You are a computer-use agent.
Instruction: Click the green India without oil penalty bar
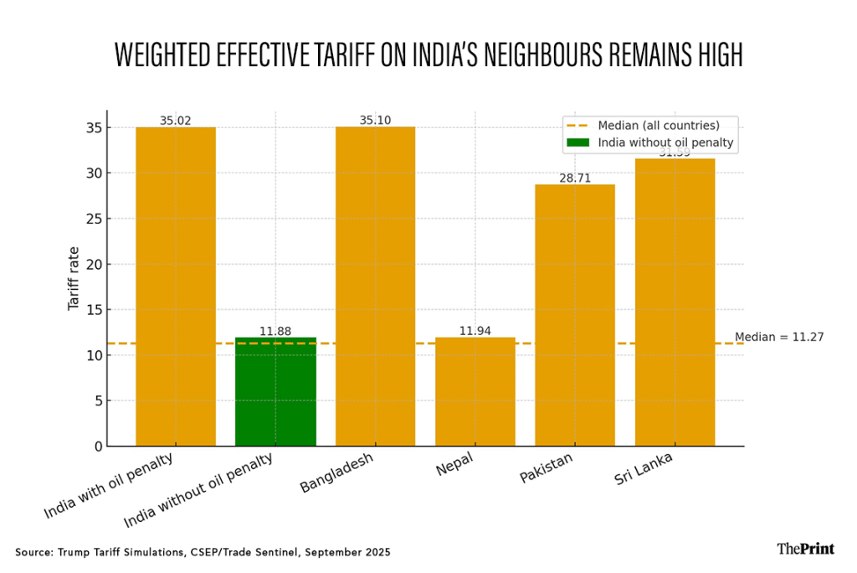(275, 392)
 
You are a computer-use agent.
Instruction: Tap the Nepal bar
(475, 392)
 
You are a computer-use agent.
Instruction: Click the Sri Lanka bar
(675, 302)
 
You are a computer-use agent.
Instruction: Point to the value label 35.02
(176, 121)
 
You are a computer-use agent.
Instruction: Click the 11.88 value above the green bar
(275, 331)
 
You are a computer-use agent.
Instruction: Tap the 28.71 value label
(575, 178)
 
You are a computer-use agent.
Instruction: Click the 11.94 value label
(475, 331)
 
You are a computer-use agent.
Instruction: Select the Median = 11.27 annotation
(779, 338)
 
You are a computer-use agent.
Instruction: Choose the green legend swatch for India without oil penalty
(578, 142)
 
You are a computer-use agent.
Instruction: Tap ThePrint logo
(805, 549)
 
